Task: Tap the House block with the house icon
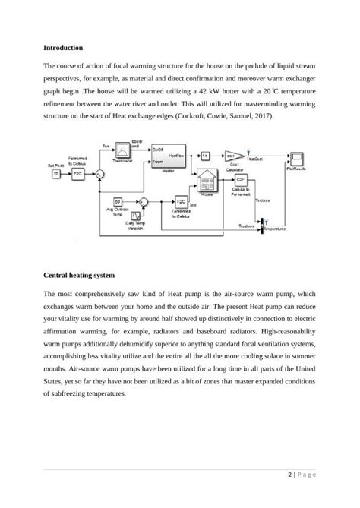click(207, 178)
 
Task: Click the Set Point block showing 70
click(55, 173)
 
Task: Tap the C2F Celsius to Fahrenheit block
click(242, 183)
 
